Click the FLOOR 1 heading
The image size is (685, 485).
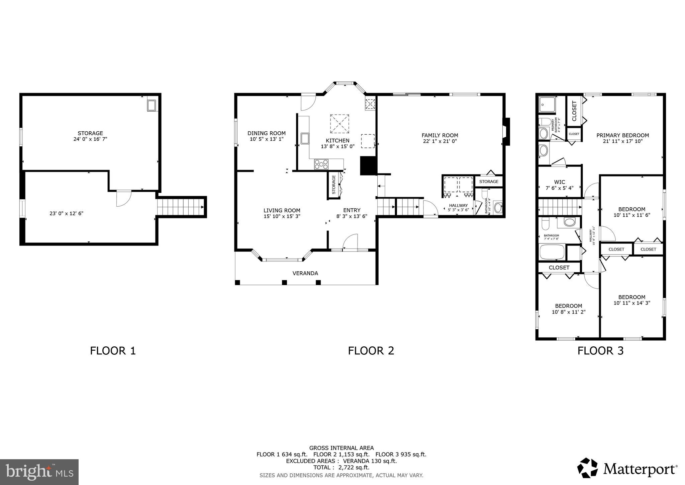pos(113,351)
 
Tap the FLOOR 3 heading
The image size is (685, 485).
pos(600,351)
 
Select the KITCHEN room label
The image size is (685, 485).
pos(337,140)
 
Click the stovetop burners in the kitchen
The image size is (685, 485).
pos(321,164)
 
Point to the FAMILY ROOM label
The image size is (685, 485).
pos(439,135)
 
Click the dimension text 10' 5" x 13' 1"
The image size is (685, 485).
pos(267,139)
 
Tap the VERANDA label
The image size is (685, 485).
pos(305,273)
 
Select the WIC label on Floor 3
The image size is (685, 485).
pos(559,182)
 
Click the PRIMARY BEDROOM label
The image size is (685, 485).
pos(622,135)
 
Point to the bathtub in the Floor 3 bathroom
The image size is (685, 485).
pos(552,252)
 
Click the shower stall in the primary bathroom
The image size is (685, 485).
pos(547,104)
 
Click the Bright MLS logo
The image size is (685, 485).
pos(39,472)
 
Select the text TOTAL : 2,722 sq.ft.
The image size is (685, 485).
pos(341,468)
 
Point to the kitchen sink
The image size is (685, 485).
pos(304,138)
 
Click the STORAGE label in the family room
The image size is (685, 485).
pos(489,182)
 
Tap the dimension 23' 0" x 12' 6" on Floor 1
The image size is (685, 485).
pos(66,213)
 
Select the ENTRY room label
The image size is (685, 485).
pos(352,210)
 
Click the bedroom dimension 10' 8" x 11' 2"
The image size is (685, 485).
pos(568,312)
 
